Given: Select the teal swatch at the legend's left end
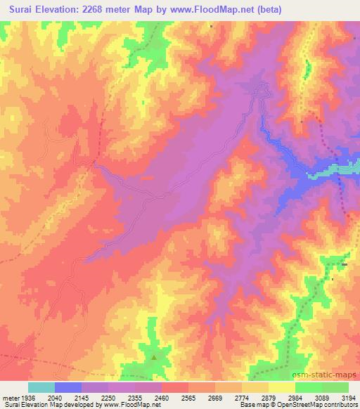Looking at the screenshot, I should (x=41, y=387).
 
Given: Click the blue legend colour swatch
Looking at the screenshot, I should (x=68, y=387).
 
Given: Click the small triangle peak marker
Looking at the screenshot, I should (x=155, y=356).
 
